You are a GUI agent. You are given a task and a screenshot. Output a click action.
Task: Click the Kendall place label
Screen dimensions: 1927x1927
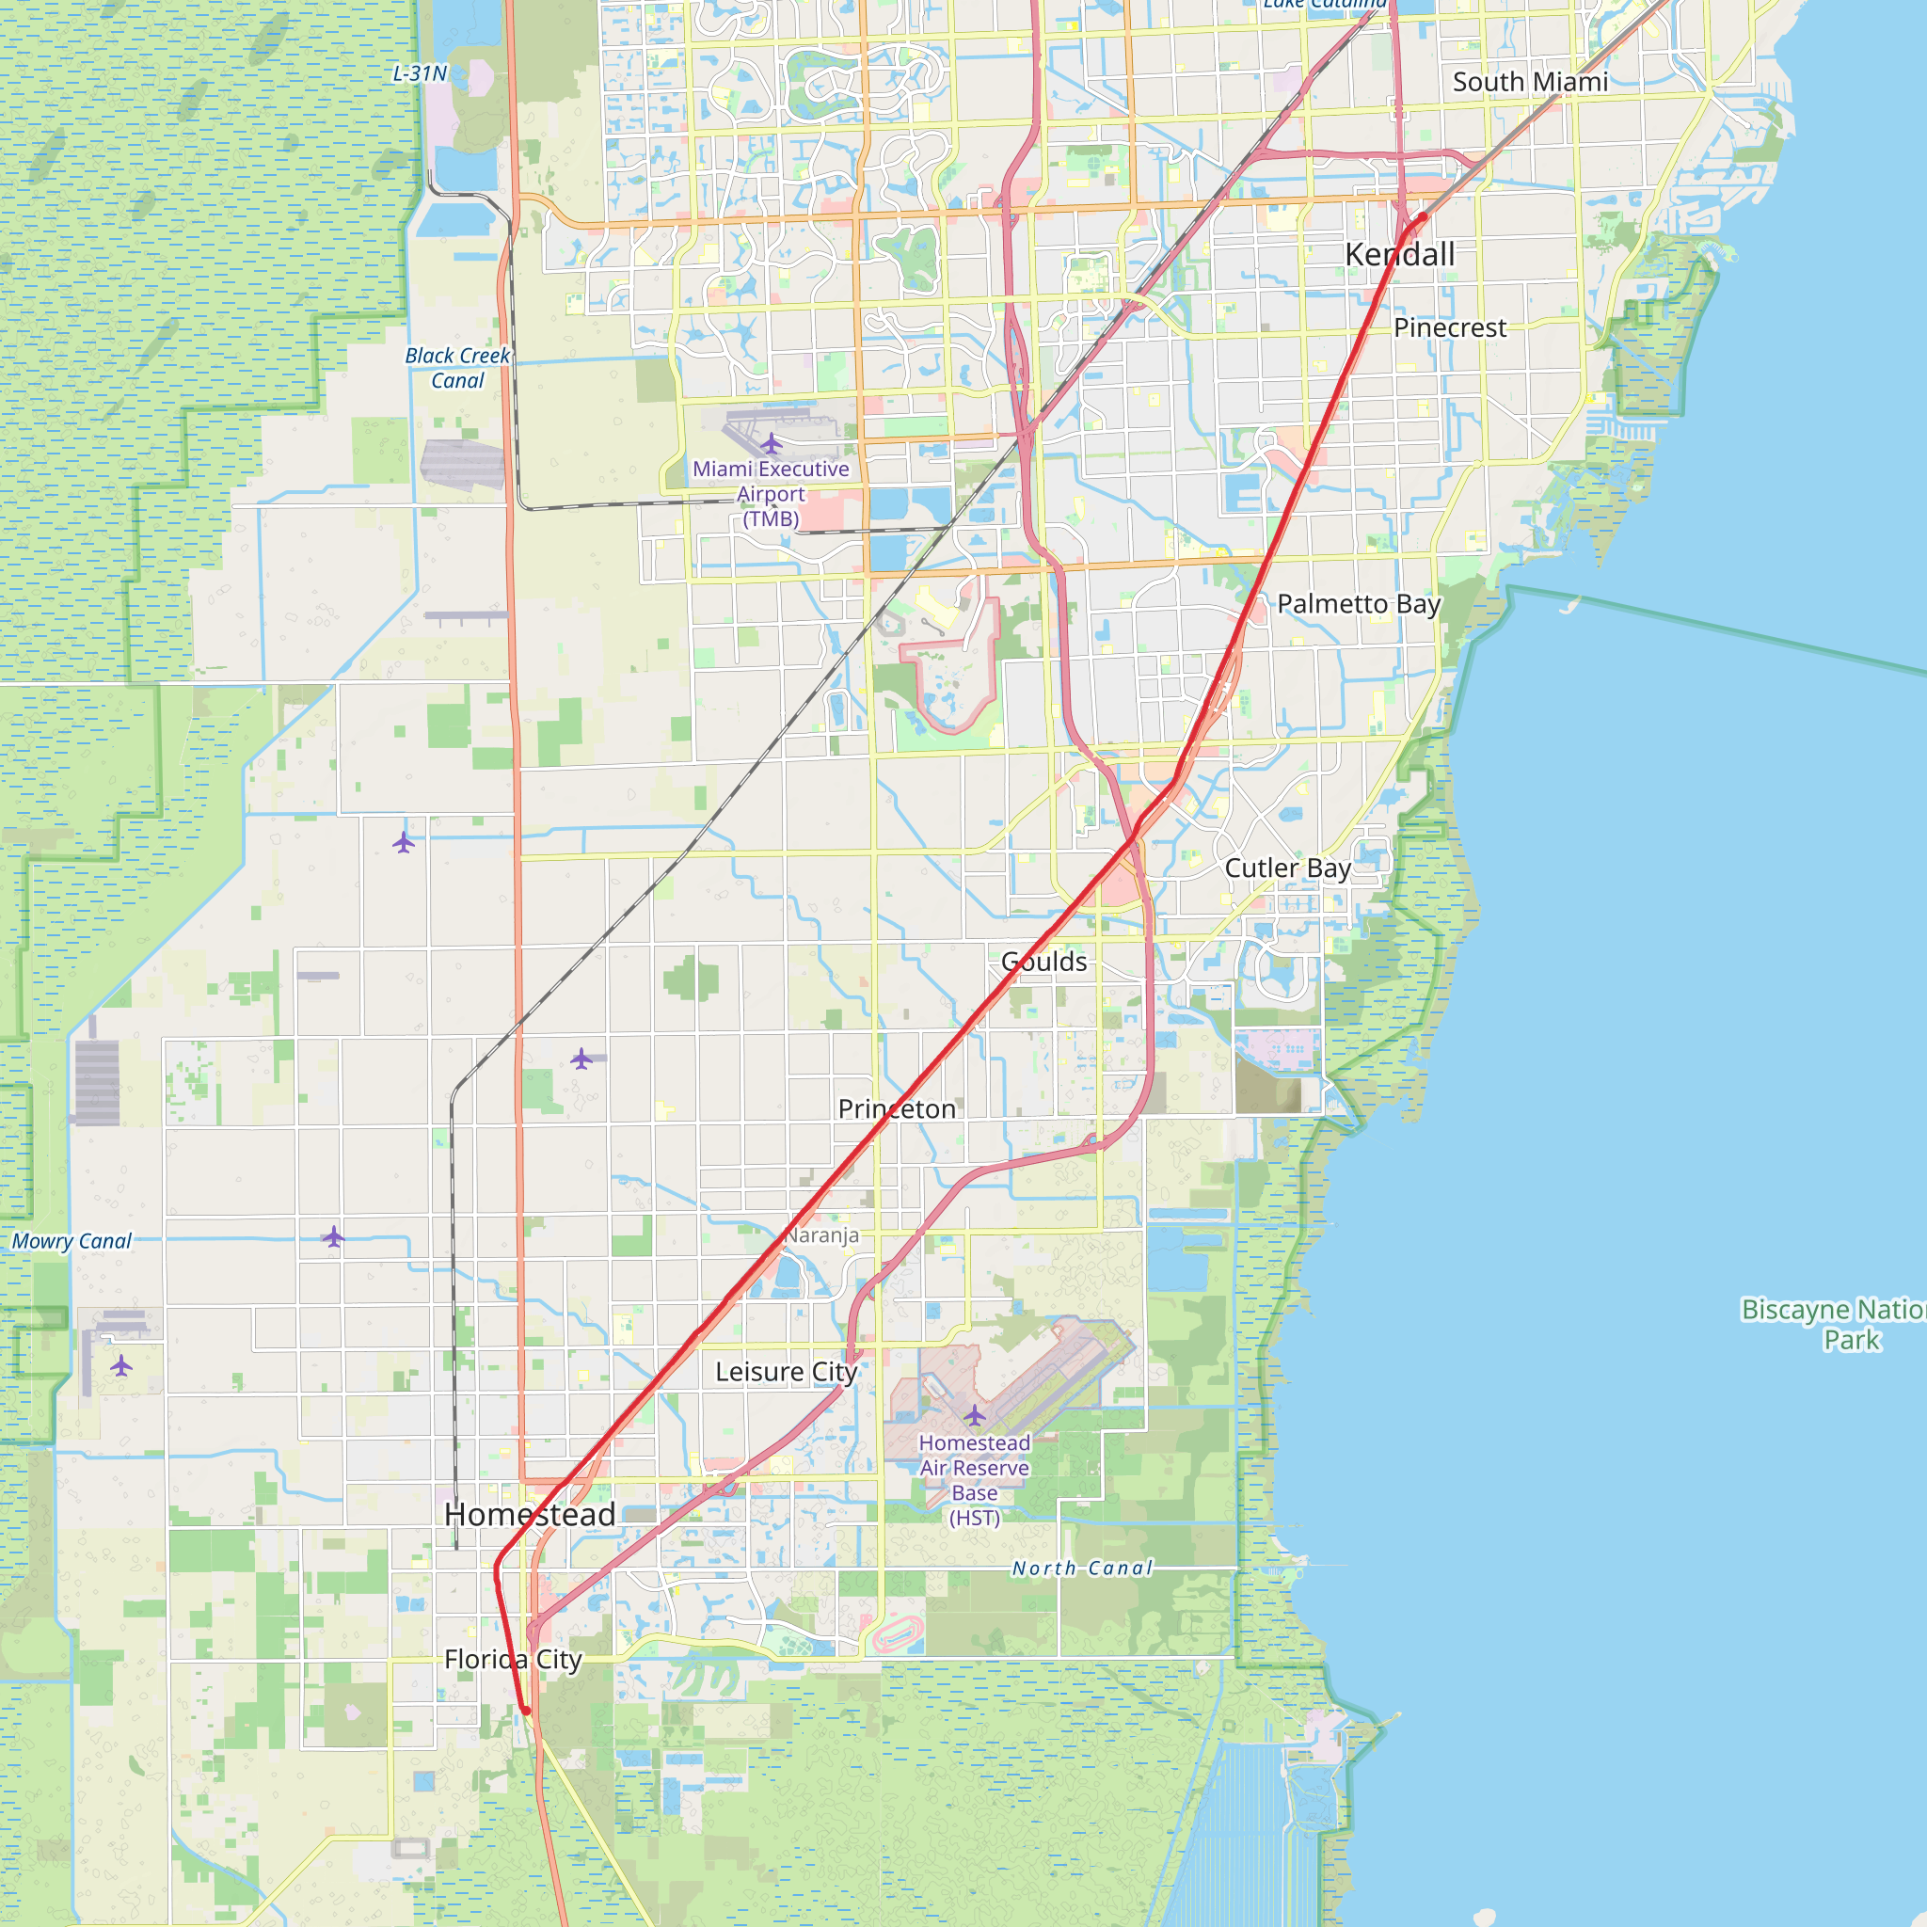point(1399,254)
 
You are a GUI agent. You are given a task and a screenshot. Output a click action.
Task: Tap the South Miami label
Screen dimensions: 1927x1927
point(1530,82)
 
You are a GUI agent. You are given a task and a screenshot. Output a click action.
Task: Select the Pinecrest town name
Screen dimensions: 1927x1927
point(1449,327)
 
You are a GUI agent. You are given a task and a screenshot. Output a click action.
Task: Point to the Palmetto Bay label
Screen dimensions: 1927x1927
point(1359,603)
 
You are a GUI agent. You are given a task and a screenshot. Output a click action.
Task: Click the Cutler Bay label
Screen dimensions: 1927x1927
point(1288,868)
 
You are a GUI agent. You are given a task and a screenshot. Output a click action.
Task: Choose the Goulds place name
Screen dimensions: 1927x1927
point(1044,962)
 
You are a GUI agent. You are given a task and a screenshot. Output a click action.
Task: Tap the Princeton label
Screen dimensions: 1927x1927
point(897,1108)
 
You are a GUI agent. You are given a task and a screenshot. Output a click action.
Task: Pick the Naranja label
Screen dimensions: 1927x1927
point(820,1234)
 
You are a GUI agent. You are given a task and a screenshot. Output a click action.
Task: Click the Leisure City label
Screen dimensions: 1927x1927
point(786,1372)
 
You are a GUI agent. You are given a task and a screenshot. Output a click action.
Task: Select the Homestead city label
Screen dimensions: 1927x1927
point(530,1514)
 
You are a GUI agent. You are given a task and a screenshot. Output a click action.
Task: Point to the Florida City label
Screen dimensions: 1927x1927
point(513,1659)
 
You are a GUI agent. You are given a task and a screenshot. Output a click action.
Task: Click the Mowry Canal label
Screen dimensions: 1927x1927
point(72,1241)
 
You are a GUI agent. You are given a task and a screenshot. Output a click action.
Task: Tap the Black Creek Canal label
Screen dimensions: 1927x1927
point(458,367)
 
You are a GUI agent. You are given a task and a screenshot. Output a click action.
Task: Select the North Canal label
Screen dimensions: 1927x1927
point(1082,1568)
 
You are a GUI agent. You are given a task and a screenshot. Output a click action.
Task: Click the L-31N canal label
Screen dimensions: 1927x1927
point(420,72)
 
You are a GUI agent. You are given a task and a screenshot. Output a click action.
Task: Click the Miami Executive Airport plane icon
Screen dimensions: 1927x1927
point(771,443)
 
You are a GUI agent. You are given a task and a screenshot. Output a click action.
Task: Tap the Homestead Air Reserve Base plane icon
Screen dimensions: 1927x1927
point(975,1414)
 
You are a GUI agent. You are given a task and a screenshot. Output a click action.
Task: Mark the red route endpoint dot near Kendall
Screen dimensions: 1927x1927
point(1424,216)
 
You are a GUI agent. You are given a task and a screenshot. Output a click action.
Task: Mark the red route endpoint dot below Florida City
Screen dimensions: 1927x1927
point(526,1711)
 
